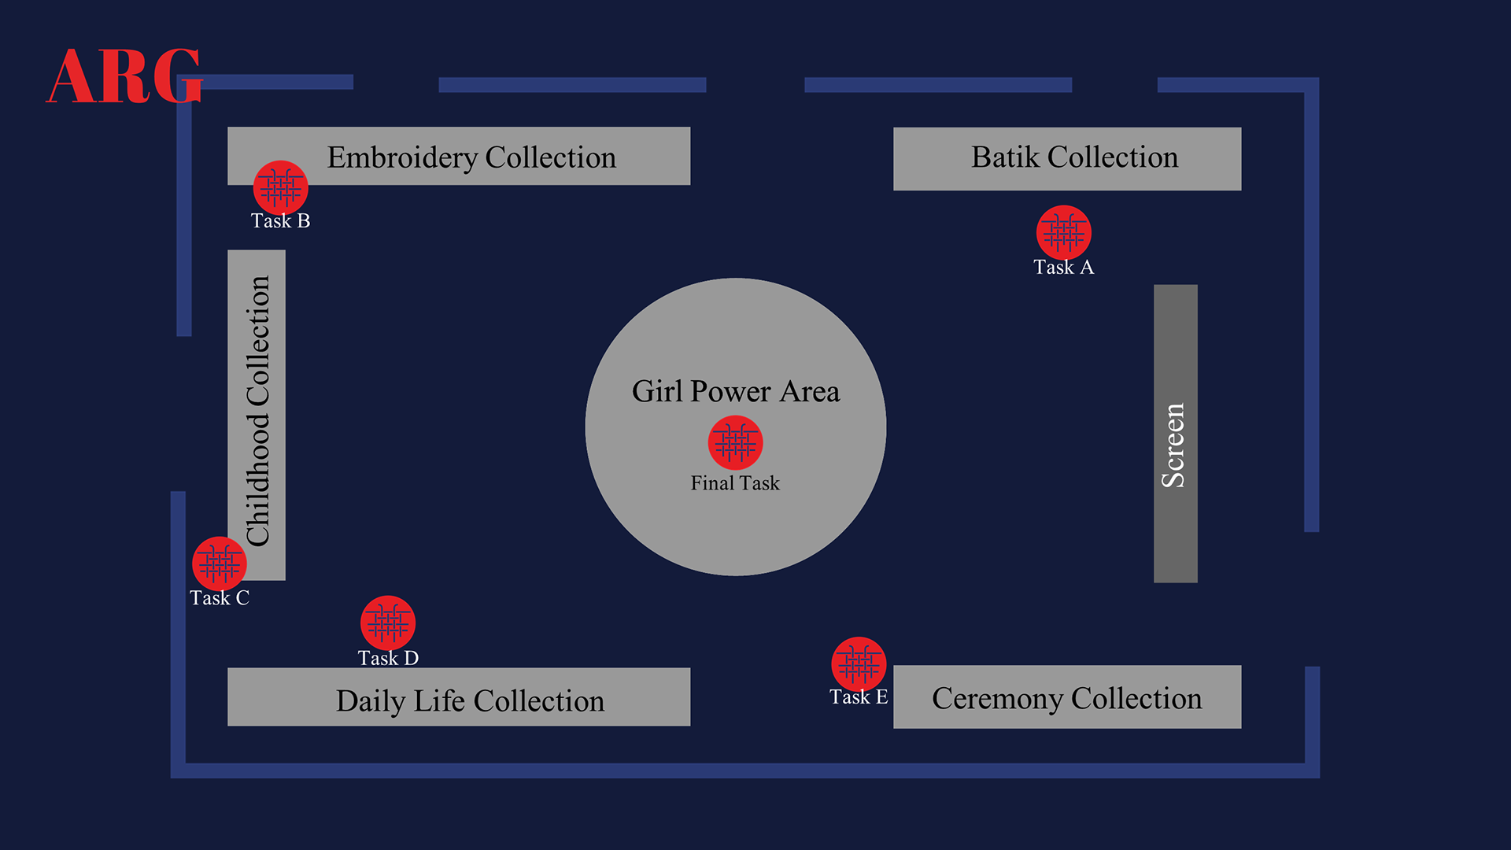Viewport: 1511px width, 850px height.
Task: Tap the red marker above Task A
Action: [1063, 232]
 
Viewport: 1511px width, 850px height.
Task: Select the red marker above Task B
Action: [280, 188]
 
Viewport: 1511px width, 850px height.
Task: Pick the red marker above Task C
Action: [220, 564]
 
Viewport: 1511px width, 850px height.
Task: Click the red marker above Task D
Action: [388, 623]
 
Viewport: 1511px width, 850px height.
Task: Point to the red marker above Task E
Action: [859, 664]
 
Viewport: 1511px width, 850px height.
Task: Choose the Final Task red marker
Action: [735, 443]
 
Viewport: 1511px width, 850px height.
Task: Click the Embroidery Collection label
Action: [471, 157]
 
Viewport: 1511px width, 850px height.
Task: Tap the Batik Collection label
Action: [1074, 157]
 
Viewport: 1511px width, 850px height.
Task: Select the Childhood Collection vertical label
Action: [257, 411]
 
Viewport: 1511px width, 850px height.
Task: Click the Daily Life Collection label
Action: [470, 700]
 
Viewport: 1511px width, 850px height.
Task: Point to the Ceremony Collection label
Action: [1066, 698]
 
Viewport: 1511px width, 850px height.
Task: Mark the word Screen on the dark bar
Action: [1173, 445]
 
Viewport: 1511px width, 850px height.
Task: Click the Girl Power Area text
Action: [735, 391]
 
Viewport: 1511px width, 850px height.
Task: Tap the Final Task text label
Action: [735, 483]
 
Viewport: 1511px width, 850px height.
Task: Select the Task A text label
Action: [1063, 268]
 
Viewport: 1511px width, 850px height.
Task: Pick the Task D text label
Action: [388, 658]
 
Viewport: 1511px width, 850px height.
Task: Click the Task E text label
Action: [859, 697]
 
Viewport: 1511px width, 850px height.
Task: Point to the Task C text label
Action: [220, 598]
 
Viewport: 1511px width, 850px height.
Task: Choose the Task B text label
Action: [280, 221]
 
